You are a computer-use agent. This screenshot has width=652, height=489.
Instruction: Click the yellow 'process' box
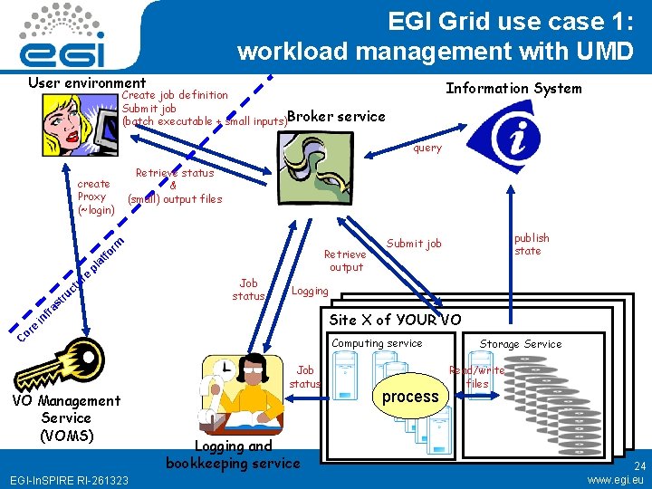click(x=410, y=397)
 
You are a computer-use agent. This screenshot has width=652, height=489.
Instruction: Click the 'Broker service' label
click(x=336, y=116)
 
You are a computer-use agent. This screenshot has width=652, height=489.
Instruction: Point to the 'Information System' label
click(x=513, y=88)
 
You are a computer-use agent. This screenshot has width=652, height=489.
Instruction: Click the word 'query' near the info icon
click(x=427, y=148)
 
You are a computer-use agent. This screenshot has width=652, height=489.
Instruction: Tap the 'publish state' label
click(x=532, y=244)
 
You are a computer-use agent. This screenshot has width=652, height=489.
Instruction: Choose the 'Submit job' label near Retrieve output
click(x=414, y=243)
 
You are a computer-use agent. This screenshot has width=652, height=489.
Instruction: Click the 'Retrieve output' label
click(x=346, y=261)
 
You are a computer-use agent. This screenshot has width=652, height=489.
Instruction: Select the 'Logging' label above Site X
click(x=310, y=291)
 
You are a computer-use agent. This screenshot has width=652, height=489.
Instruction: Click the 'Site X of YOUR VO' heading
click(x=395, y=320)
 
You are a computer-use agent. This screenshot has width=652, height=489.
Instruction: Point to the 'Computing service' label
click(x=377, y=343)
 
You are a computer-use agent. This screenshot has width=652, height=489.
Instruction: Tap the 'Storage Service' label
click(x=520, y=344)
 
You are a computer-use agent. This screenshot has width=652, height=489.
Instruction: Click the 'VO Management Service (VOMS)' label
click(x=66, y=417)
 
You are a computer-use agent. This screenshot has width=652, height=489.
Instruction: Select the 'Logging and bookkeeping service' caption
click(x=233, y=454)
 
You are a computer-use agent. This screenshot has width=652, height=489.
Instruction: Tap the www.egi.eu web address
click(x=616, y=479)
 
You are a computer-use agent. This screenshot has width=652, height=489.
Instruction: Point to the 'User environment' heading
click(x=87, y=82)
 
